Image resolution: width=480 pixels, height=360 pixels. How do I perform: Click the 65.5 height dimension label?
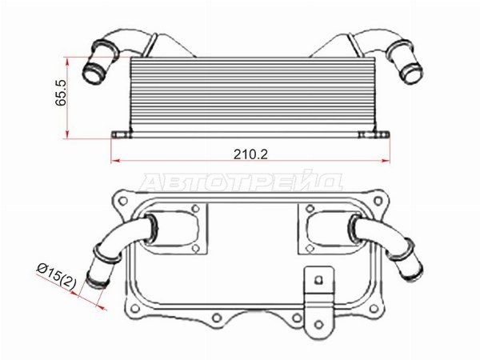click(x=62, y=93)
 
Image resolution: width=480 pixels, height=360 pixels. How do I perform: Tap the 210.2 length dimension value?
click(x=250, y=154)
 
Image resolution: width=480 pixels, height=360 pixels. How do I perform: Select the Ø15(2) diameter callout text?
click(x=56, y=277)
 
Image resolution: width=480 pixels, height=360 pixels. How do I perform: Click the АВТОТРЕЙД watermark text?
click(x=242, y=182)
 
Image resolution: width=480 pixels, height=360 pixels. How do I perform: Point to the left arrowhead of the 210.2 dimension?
click(x=114, y=161)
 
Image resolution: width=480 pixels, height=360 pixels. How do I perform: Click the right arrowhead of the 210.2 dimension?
click(x=386, y=161)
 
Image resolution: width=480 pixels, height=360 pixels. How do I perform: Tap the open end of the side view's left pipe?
click(x=92, y=74)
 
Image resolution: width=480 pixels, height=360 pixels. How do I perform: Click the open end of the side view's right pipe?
click(x=413, y=73)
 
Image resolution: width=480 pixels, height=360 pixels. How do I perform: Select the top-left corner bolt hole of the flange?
click(x=123, y=201)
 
